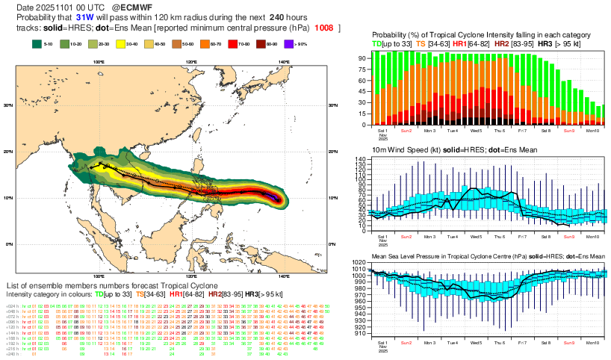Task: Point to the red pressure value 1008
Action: [x=324, y=28]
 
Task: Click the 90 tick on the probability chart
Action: [x=362, y=58]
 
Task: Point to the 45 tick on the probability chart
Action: [x=362, y=91]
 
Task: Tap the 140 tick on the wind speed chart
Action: [x=360, y=160]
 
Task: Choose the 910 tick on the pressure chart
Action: [x=360, y=334]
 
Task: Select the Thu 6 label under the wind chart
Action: [x=500, y=236]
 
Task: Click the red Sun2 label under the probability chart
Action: [x=406, y=130]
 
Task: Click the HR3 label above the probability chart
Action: [x=545, y=44]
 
